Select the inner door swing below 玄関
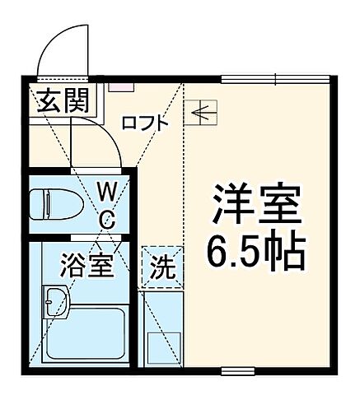[x=95, y=139]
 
